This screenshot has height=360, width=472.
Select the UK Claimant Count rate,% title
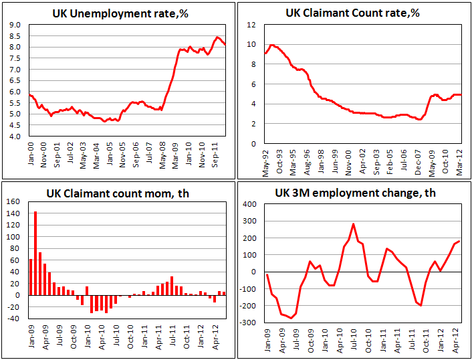point(352,13)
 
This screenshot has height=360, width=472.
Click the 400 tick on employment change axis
point(249,204)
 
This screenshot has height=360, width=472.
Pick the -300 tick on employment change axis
point(248,323)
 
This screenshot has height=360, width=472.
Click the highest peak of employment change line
point(353,224)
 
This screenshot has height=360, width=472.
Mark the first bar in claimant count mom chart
point(30,277)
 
